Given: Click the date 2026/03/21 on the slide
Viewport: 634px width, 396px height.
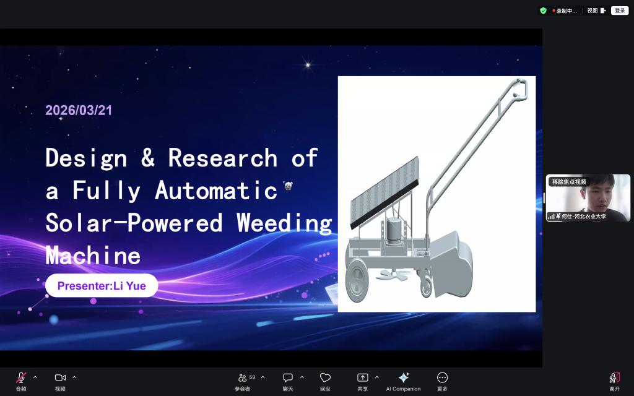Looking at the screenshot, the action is [x=79, y=110].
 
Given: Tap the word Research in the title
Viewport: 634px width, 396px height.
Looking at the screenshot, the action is [x=223, y=158].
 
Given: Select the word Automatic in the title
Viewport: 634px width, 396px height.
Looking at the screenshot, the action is [x=216, y=191].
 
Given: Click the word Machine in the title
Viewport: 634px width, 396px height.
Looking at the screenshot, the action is [x=93, y=256].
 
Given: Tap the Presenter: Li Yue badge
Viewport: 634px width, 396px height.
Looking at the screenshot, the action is [x=102, y=286].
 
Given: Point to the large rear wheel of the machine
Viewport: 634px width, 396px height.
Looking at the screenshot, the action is [x=357, y=280].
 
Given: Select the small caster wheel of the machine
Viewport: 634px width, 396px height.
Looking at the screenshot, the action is [x=426, y=286].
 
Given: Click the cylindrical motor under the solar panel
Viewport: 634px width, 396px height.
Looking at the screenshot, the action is [x=393, y=231].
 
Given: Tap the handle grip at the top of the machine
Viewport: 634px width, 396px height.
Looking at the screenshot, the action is [x=520, y=89].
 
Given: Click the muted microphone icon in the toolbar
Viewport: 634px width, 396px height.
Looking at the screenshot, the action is [x=21, y=377].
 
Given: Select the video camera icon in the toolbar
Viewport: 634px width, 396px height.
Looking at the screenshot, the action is [x=60, y=377].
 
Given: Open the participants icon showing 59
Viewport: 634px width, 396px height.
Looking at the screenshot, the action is [x=243, y=377].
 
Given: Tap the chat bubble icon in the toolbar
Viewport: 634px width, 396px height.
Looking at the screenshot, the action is [x=287, y=377].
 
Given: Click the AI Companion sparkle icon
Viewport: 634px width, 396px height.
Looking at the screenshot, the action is [x=404, y=377].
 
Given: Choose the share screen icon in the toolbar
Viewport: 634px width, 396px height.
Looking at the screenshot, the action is [x=362, y=377].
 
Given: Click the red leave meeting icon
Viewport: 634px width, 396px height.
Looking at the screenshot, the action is [x=615, y=377].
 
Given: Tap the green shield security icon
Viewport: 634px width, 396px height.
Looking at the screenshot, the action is [x=544, y=11].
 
